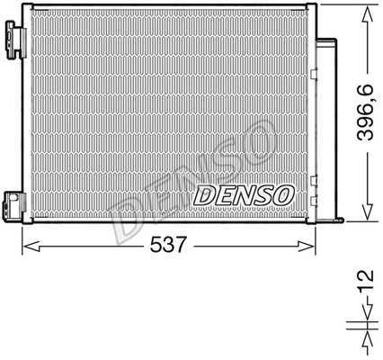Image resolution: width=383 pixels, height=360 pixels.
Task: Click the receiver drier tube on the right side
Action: (330, 126)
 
